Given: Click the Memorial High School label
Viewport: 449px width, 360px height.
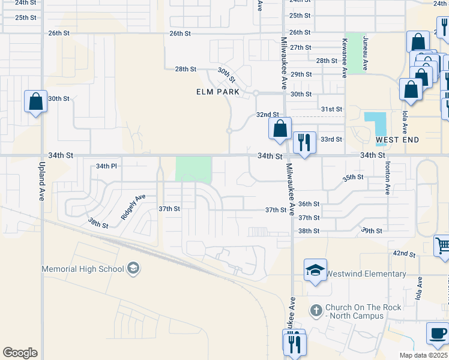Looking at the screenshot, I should (x=82, y=269).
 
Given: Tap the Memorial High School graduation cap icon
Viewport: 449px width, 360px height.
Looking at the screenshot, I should (x=133, y=268).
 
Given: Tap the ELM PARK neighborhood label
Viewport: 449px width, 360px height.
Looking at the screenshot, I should (x=217, y=92).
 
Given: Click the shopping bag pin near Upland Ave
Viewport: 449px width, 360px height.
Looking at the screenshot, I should (x=35, y=101).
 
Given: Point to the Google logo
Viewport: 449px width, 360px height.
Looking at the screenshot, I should (x=20, y=353).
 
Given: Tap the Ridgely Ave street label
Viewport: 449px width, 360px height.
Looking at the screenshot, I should (x=133, y=206).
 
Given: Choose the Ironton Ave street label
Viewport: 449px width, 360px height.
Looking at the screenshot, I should (x=388, y=177).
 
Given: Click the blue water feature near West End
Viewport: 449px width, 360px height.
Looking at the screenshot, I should (x=378, y=123).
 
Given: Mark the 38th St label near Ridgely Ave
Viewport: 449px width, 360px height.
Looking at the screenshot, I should (x=98, y=223).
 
